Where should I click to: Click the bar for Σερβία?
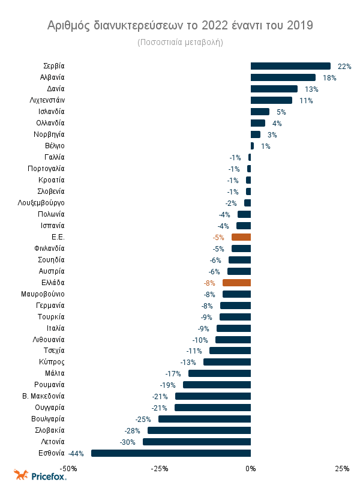[x=290, y=66]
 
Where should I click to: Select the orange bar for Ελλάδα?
[x=236, y=283]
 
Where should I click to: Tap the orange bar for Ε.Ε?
[x=241, y=237]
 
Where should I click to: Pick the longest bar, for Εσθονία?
[x=171, y=453]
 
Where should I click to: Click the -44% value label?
[x=76, y=453]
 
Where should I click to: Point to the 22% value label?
[x=344, y=66]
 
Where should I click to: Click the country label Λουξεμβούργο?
[x=41, y=203]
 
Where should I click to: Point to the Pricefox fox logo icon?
[x=22, y=475]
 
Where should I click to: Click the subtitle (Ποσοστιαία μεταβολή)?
[x=180, y=43]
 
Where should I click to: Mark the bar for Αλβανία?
[x=283, y=77]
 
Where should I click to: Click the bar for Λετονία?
[x=197, y=442]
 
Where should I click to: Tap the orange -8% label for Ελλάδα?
[x=209, y=283]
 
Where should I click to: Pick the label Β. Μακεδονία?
[x=43, y=396]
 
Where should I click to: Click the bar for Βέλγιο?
[x=252, y=146]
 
